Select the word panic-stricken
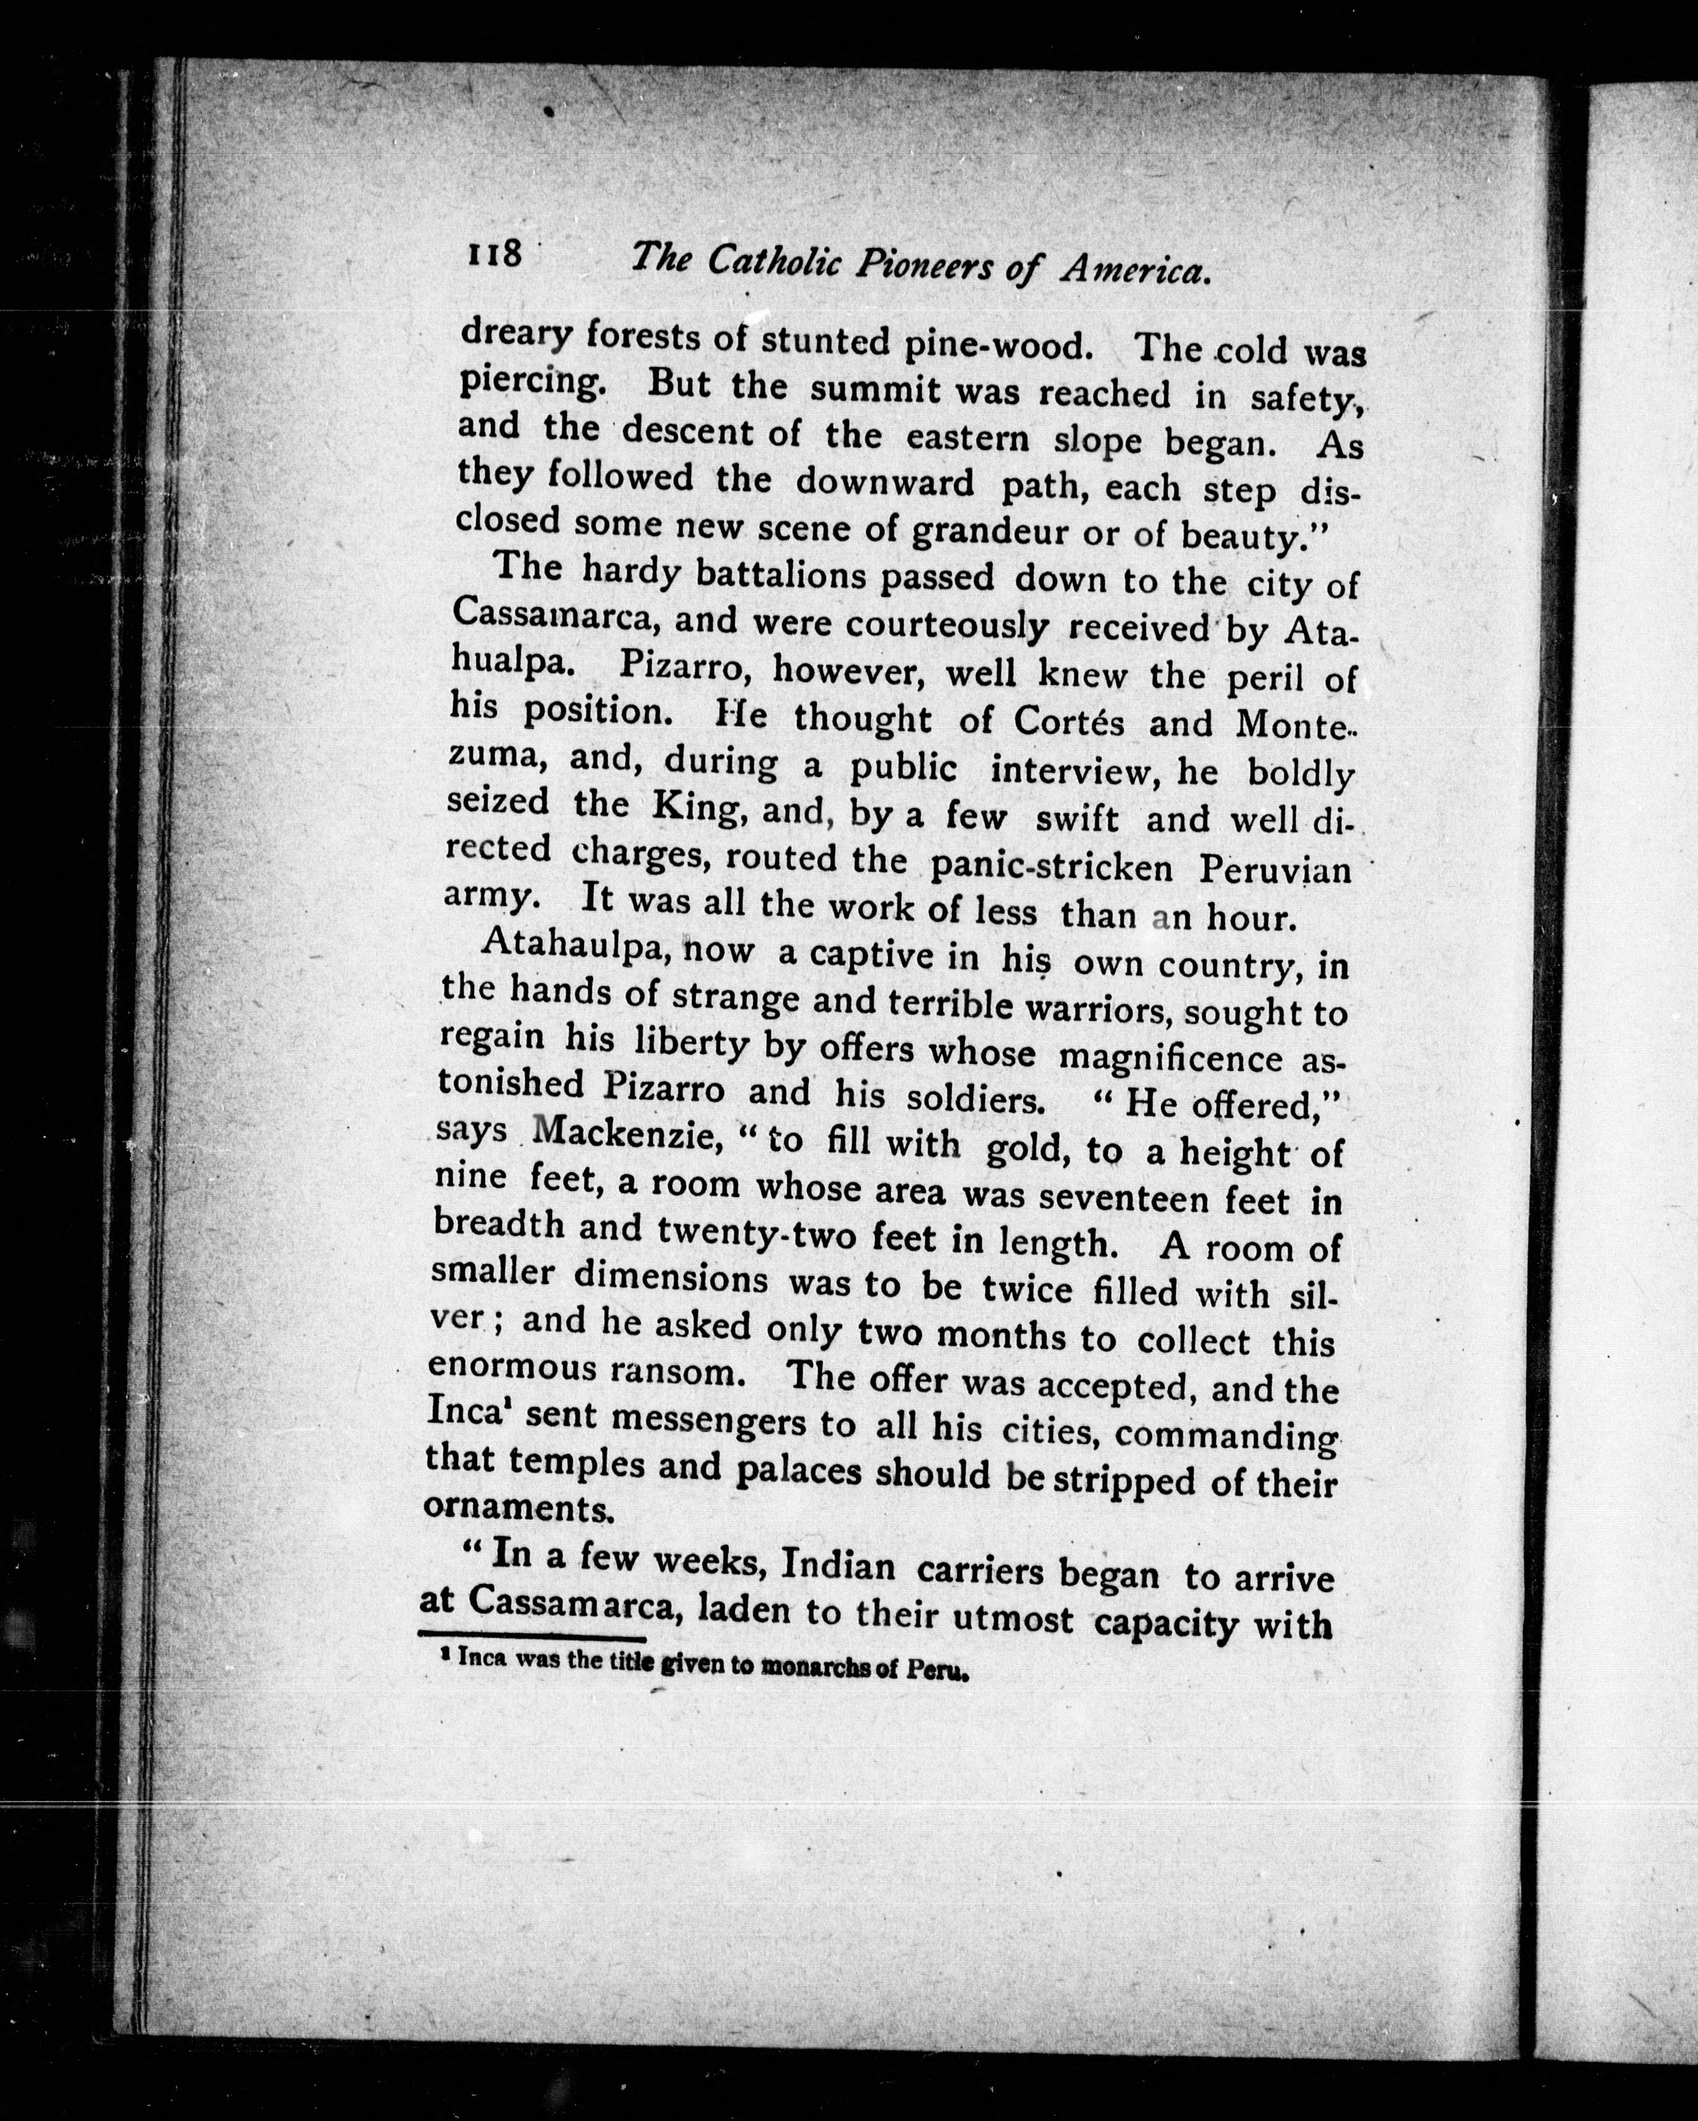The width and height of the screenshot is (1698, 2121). [x=1051, y=867]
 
